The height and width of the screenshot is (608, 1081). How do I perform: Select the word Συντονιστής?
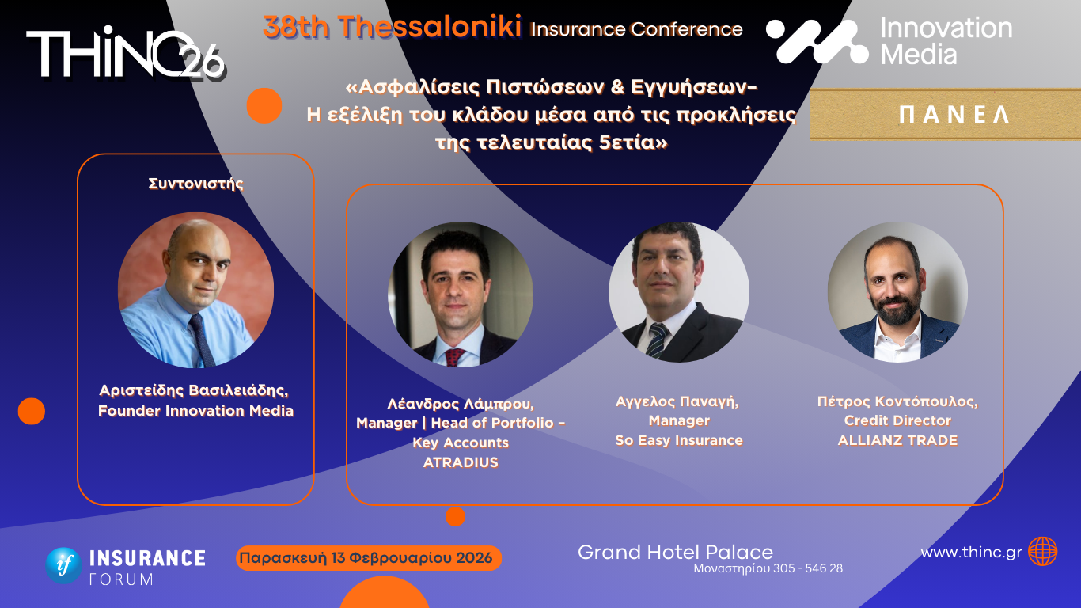pos(195,184)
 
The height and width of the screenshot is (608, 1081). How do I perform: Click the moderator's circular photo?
pos(195,290)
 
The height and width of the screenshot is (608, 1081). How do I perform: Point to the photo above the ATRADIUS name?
pos(460,294)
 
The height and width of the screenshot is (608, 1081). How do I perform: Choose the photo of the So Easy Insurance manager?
pos(679,292)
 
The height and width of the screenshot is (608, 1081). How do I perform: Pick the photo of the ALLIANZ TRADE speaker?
pos(897,292)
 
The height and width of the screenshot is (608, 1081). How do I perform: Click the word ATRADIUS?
pos(461,462)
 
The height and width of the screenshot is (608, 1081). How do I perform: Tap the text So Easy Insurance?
pos(679,440)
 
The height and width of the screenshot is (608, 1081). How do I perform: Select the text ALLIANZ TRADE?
pos(897,440)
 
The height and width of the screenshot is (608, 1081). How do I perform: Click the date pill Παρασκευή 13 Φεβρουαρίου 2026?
pos(369,558)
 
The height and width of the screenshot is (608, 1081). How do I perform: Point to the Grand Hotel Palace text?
pos(675,552)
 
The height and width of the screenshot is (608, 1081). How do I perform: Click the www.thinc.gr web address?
pos(971,553)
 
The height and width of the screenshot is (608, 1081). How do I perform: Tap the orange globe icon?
pos(1042,552)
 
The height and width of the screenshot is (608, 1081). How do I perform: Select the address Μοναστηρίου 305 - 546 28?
pos(768,568)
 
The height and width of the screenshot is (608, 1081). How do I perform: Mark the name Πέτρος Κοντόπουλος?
pos(897,401)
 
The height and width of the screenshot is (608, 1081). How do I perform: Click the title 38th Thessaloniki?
pos(393,28)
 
